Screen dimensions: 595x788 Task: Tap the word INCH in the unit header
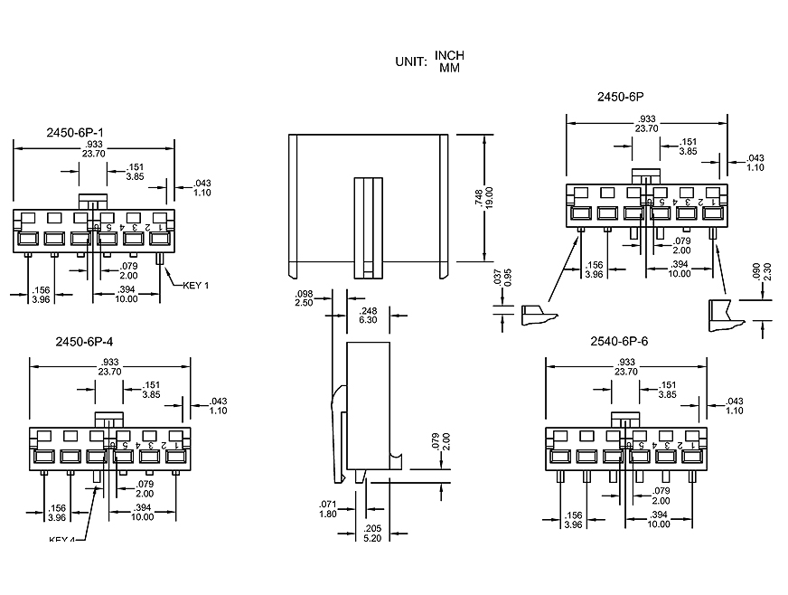[449, 56]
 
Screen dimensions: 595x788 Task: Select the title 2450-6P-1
[75, 132]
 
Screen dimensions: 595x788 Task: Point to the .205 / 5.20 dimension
[372, 533]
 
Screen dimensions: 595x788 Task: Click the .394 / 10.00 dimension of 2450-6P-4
[142, 513]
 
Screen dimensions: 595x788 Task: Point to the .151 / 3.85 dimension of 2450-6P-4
[152, 390]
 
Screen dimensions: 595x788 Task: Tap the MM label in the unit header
[449, 69]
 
